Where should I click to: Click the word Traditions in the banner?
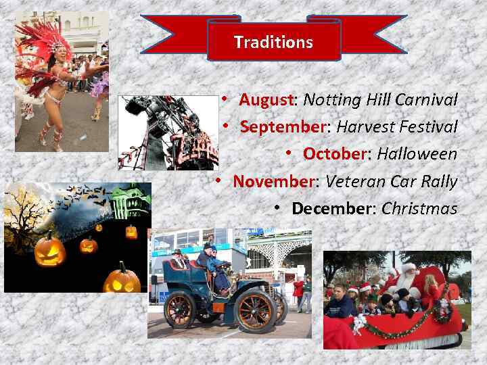click(273, 42)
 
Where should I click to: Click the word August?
click(266, 100)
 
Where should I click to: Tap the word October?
click(334, 154)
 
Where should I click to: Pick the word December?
click(331, 208)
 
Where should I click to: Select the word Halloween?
click(417, 154)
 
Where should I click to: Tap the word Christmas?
click(419, 208)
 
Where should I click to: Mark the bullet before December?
click(278, 208)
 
